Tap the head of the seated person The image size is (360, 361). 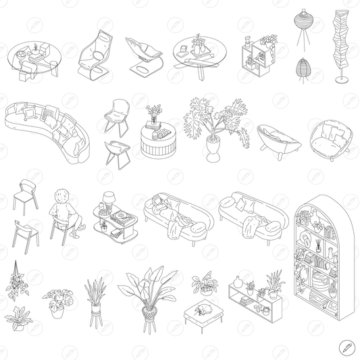pos(62,195)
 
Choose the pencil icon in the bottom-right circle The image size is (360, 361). pos(346,347)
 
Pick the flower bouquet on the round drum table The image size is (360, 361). pos(154,112)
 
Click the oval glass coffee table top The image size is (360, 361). pos(34,57)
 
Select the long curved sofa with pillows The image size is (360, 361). pos(46,130)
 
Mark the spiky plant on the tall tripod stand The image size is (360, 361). pos(95,294)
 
